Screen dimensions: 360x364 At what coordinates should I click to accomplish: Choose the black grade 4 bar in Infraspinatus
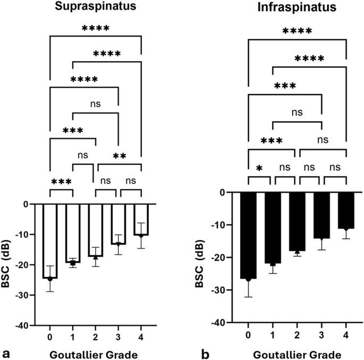tap(346, 210)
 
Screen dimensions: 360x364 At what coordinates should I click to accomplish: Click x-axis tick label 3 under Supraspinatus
tap(118, 337)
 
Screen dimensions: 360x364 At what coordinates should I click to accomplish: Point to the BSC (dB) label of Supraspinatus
tap(9, 264)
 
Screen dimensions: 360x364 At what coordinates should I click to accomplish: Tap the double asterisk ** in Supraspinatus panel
tap(118, 156)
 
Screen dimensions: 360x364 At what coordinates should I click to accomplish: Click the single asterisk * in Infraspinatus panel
tap(260, 169)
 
